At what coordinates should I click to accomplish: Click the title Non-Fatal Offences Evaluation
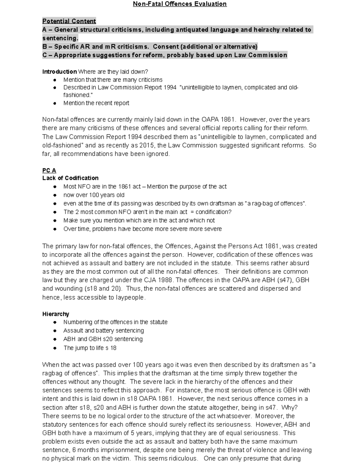click(180, 4)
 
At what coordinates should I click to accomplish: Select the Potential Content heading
click(69, 21)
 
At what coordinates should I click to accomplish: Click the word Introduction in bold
click(59, 72)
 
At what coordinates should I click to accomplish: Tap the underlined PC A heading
click(49, 170)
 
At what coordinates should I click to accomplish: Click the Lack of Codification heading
click(70, 178)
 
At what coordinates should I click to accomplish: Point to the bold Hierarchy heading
click(55, 314)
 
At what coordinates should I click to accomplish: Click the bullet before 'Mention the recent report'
click(55, 103)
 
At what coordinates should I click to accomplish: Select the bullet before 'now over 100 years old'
click(55, 195)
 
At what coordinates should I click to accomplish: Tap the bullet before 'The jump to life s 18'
click(55, 348)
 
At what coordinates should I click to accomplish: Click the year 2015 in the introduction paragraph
click(147, 146)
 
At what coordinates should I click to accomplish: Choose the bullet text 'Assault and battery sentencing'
click(103, 331)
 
